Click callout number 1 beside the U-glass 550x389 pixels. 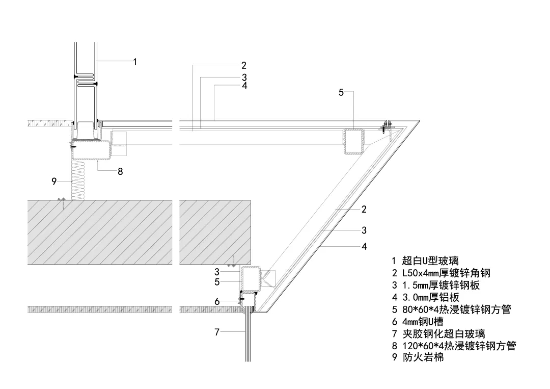pos(135,62)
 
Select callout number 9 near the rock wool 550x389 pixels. pos(54,181)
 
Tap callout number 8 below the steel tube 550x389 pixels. pos(120,172)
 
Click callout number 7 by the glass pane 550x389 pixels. pos(217,332)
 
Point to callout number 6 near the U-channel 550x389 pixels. pos(217,302)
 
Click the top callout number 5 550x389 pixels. pos(341,92)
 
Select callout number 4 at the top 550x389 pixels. pos(244,86)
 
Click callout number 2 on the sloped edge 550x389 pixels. pos(364,209)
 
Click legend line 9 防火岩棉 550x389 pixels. pos(418,357)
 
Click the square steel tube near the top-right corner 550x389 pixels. pos(354,141)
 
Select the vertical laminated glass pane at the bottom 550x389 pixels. pos(248,334)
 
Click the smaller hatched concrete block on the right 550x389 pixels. pos(215,231)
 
